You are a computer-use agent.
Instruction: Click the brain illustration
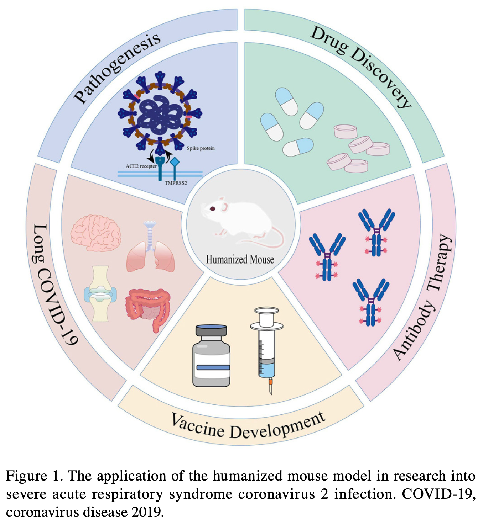click(95, 233)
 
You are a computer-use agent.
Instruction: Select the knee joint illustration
click(100, 294)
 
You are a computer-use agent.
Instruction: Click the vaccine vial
click(211, 356)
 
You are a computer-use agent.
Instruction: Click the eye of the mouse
click(212, 209)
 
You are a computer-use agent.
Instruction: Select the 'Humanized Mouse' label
click(240, 259)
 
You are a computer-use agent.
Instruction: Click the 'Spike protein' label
click(201, 148)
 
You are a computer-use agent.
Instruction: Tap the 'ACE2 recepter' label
click(141, 166)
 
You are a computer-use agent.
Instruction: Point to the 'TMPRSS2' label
click(176, 183)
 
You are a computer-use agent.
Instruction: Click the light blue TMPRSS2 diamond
click(175, 162)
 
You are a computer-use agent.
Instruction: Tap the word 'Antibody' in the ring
click(413, 331)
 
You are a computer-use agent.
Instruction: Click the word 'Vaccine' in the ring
click(198, 426)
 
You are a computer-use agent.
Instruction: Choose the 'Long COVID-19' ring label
click(53, 285)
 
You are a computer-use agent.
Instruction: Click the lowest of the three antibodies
click(371, 302)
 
